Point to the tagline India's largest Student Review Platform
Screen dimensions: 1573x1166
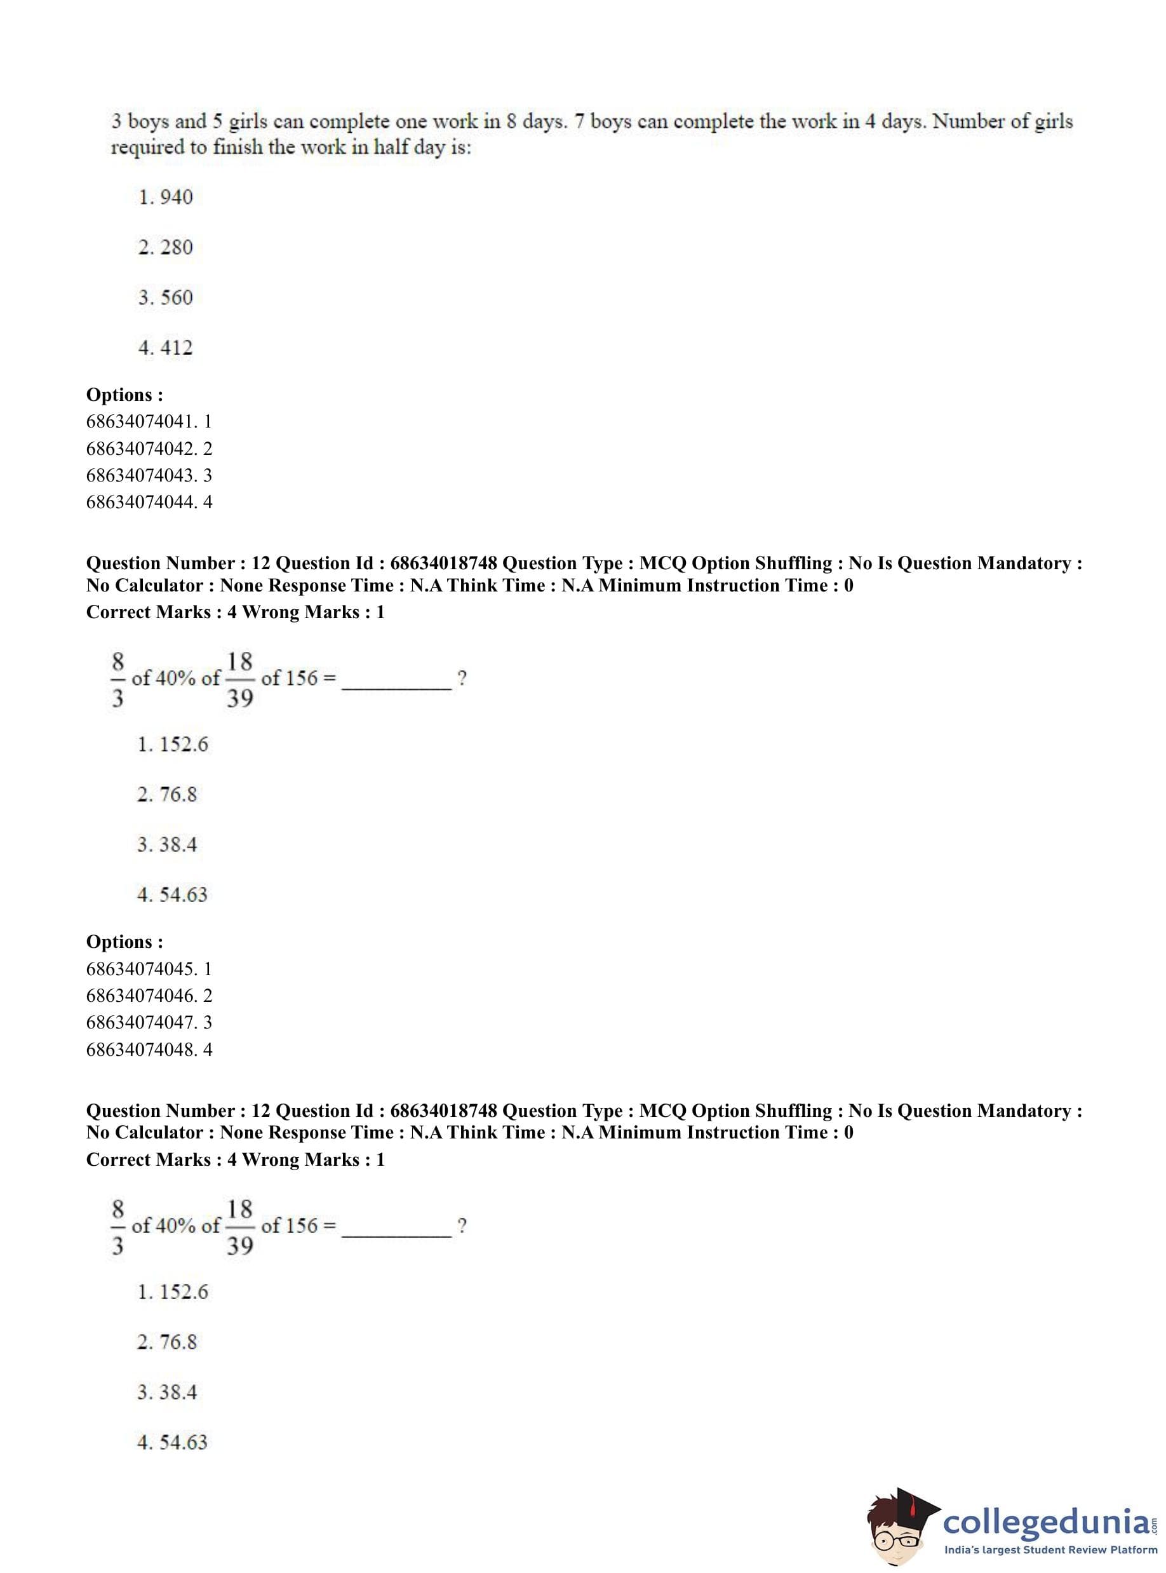tap(1051, 1549)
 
